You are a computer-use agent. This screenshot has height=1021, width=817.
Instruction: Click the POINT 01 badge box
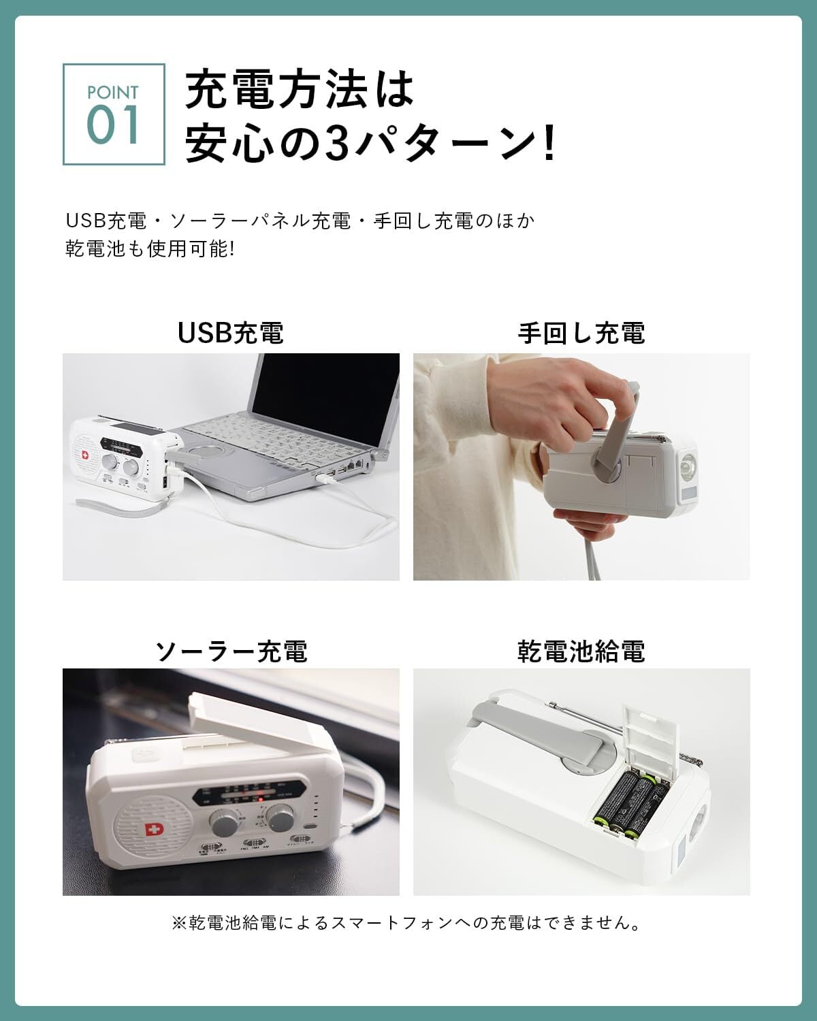[x=114, y=114]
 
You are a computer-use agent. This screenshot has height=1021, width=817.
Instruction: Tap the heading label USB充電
[x=231, y=333]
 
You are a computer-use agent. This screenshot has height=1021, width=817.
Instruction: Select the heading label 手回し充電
[x=581, y=333]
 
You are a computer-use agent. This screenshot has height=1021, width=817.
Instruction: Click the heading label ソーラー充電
[x=231, y=651]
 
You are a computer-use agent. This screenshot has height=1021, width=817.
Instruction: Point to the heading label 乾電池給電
[x=581, y=651]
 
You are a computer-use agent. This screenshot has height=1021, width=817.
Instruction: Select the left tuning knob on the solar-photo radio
[x=223, y=822]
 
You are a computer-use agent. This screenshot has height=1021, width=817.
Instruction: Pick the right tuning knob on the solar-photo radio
[x=280, y=817]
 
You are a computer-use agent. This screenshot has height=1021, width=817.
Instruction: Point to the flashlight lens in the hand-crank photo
[x=687, y=468]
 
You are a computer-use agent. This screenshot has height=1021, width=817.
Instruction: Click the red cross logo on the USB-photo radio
[x=85, y=455]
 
